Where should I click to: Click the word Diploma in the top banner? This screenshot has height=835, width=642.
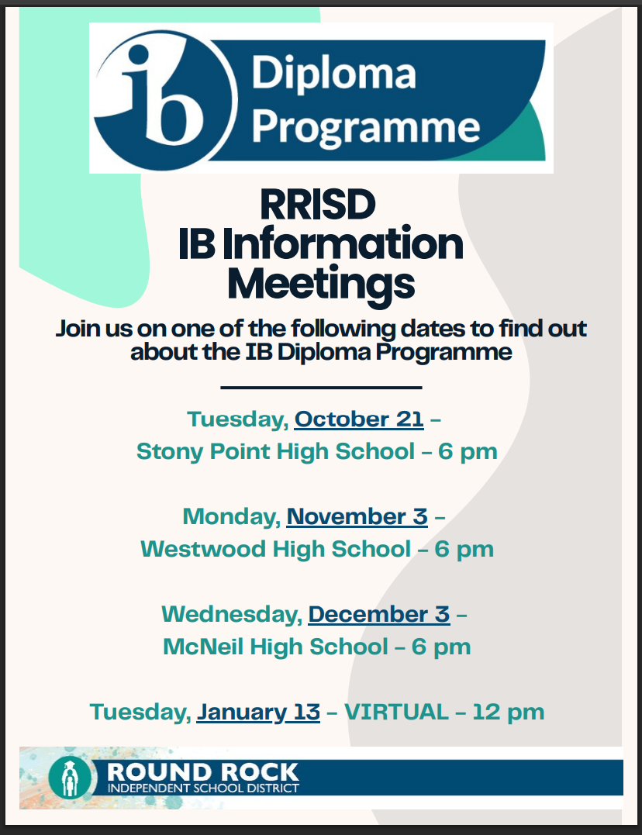point(333,74)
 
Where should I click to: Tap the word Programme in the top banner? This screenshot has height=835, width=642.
point(365,129)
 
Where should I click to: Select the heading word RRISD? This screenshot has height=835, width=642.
point(318,205)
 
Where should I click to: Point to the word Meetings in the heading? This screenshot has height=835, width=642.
point(321,285)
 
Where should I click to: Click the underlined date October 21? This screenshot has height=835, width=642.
point(359,419)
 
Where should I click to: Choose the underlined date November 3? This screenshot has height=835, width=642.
point(357,516)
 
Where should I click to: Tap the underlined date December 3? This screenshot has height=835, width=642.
point(379,614)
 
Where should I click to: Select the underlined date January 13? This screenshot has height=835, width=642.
point(258,713)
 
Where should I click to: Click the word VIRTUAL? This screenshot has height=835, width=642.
point(396,712)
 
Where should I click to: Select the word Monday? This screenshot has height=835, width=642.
point(231,517)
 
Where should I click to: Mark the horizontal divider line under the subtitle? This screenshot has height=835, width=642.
point(321,388)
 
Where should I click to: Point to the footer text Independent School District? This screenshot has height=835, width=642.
point(203,788)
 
